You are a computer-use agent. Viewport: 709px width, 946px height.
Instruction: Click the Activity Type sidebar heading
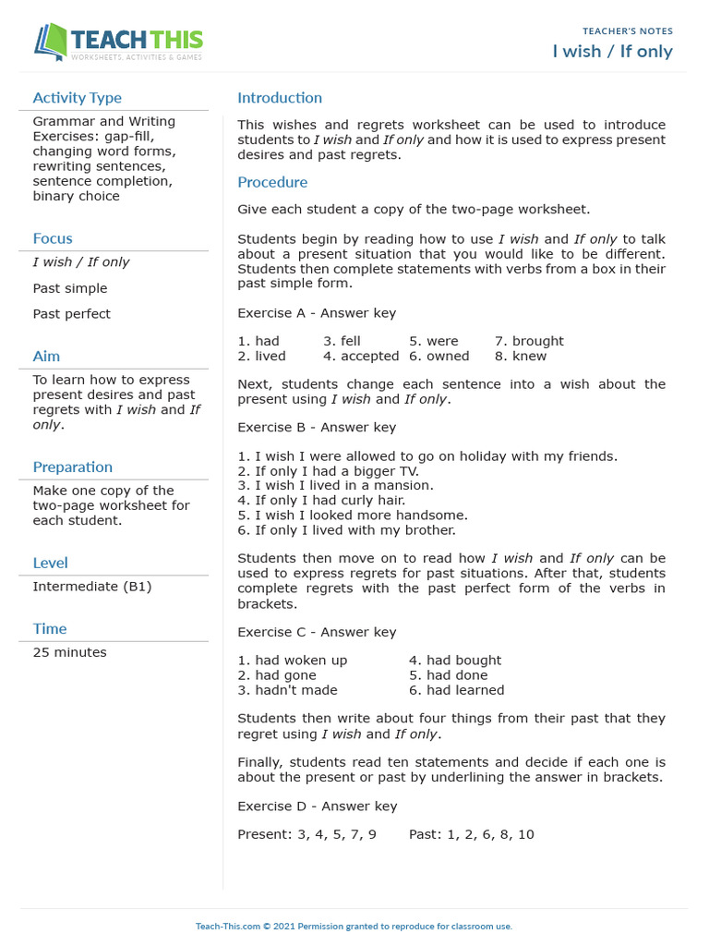pos(77,98)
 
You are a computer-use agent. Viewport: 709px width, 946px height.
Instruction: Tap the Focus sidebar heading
pos(53,238)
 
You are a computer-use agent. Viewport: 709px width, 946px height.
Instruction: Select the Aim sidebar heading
pos(46,356)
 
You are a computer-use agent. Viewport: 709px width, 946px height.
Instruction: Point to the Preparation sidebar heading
pos(73,467)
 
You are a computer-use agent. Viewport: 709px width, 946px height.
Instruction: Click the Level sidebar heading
pos(50,563)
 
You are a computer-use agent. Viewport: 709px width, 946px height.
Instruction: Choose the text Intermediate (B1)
pos(92,587)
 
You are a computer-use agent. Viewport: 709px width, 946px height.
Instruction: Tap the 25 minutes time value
pos(69,652)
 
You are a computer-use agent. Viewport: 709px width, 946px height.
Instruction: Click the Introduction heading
pos(280,98)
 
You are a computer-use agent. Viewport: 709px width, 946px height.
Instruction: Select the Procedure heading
pos(272,182)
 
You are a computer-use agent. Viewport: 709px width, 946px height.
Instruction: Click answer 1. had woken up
pos(293,661)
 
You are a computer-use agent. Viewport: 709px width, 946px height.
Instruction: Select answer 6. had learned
pos(456,690)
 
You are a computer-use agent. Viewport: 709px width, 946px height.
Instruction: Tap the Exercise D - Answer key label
pos(317,807)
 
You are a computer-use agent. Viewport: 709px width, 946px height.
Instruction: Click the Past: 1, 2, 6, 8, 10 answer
pos(471,834)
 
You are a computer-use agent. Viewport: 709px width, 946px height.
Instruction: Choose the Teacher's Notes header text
pos(628,31)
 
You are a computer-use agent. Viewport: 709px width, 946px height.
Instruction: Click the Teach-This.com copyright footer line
pos(354,926)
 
